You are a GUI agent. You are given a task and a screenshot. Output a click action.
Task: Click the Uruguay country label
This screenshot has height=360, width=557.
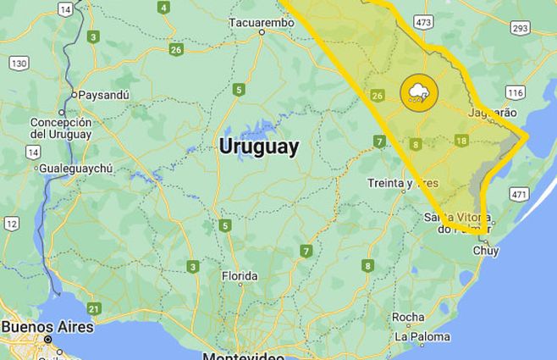[x=258, y=147]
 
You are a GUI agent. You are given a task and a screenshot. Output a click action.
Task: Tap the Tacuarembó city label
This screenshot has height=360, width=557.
[x=262, y=22]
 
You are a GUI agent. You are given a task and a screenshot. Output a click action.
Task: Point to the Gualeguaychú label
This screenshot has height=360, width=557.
[x=75, y=169]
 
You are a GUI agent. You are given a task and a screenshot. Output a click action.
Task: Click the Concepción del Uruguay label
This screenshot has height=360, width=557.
[x=60, y=128]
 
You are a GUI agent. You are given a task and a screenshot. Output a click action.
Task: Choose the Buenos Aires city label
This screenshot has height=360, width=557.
[x=47, y=326]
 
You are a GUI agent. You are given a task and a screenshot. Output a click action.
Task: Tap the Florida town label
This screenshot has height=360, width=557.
[x=239, y=276]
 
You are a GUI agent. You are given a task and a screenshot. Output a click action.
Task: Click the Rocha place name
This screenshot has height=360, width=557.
[x=408, y=318]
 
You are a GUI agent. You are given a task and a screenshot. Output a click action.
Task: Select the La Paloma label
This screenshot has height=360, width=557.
[x=422, y=336]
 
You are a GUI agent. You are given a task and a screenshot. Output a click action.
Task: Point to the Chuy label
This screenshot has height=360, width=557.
[x=485, y=251]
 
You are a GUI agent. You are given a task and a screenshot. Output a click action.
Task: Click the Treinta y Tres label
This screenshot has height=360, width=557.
[x=403, y=183]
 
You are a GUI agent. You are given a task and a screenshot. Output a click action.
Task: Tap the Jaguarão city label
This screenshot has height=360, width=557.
[x=492, y=113]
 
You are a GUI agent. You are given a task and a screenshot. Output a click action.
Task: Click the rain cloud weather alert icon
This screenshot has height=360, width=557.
[x=418, y=92]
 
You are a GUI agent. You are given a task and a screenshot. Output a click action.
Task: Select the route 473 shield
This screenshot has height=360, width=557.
[x=424, y=21]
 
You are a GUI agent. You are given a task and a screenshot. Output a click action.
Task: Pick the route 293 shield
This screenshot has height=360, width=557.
[x=520, y=28]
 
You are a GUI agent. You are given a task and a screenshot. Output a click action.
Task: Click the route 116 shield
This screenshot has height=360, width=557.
[x=516, y=91]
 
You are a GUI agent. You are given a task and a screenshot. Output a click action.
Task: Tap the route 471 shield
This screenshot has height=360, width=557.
[x=518, y=195]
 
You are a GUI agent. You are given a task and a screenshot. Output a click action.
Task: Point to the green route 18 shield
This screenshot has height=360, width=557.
[x=460, y=141]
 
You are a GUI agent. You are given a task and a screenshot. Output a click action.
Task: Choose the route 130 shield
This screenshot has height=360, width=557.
[x=19, y=64]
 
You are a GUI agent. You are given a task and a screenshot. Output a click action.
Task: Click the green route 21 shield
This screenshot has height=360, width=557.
[x=93, y=308]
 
